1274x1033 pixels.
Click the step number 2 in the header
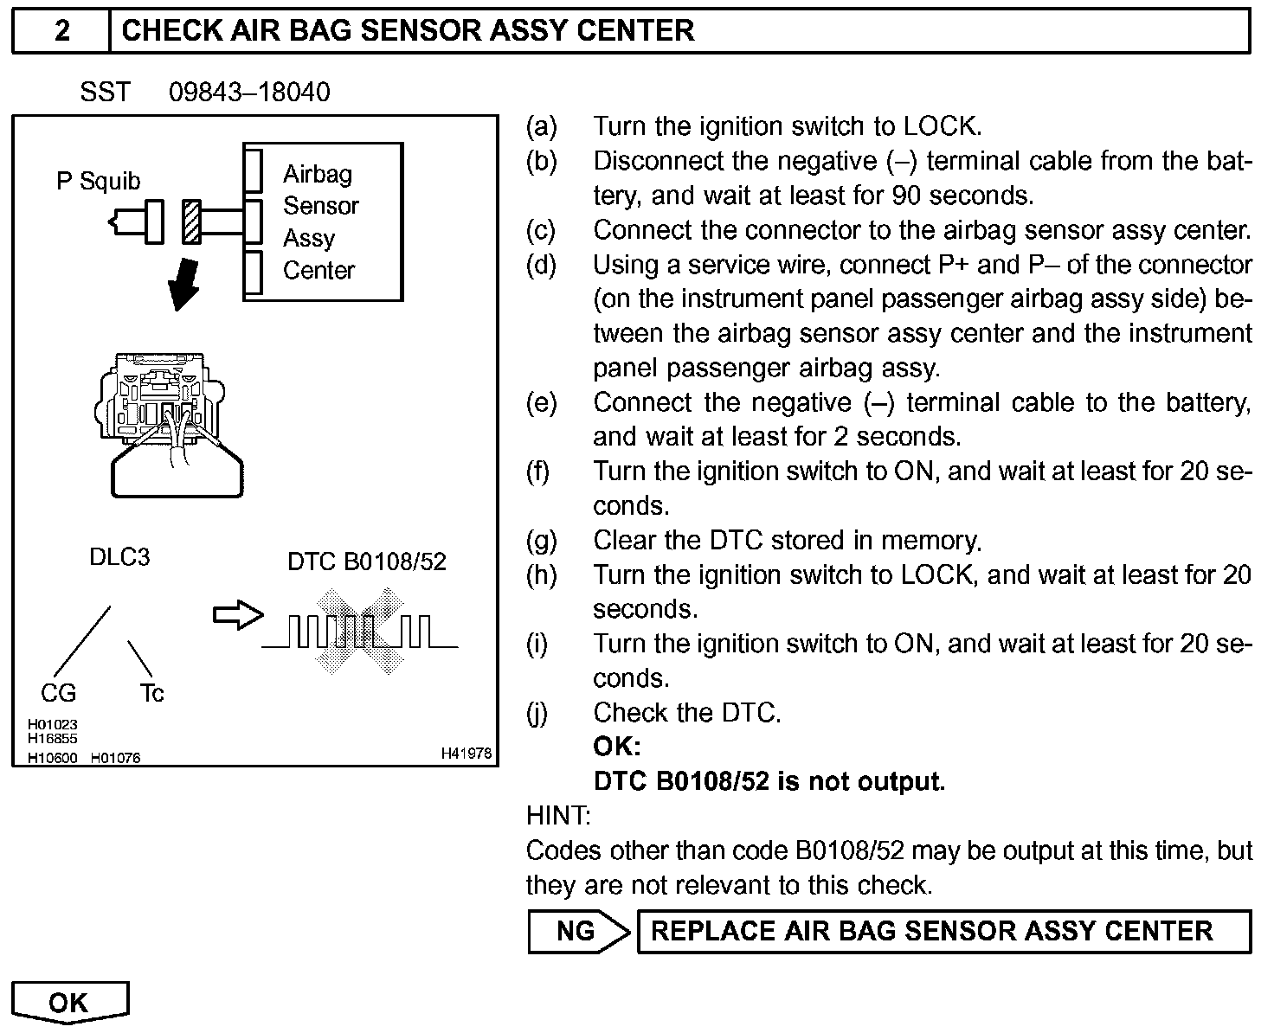click(x=61, y=31)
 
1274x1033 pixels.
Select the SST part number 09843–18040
click(x=249, y=93)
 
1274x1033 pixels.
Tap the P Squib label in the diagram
click(x=98, y=182)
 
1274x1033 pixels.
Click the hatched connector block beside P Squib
click(x=190, y=221)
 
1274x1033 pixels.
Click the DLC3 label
click(x=119, y=557)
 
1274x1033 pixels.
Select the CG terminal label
click(x=58, y=693)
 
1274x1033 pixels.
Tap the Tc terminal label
click(x=151, y=693)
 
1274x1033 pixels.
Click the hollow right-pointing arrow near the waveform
click(x=237, y=615)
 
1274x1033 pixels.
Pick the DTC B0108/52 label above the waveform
click(x=367, y=562)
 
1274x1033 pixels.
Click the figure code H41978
click(x=466, y=754)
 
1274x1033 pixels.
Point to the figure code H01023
click(x=52, y=725)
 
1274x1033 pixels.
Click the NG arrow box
click(x=577, y=931)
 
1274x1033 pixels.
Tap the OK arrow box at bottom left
click(x=70, y=1002)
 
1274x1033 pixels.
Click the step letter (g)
click(x=542, y=541)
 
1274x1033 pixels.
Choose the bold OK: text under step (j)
click(x=617, y=747)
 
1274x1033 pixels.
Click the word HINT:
click(x=558, y=816)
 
